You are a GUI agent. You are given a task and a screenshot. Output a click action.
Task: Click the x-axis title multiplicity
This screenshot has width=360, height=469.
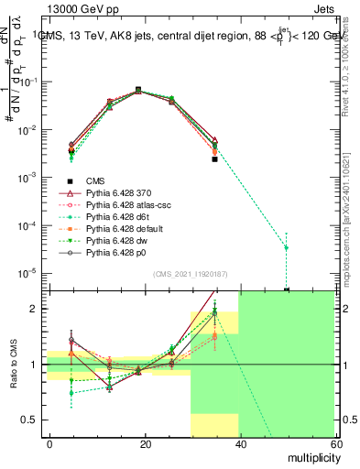coord(309,455)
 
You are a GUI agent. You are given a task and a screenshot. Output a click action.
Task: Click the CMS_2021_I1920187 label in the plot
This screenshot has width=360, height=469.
coord(190,273)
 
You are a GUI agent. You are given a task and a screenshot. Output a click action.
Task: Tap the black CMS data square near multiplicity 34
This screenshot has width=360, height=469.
coord(214,159)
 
